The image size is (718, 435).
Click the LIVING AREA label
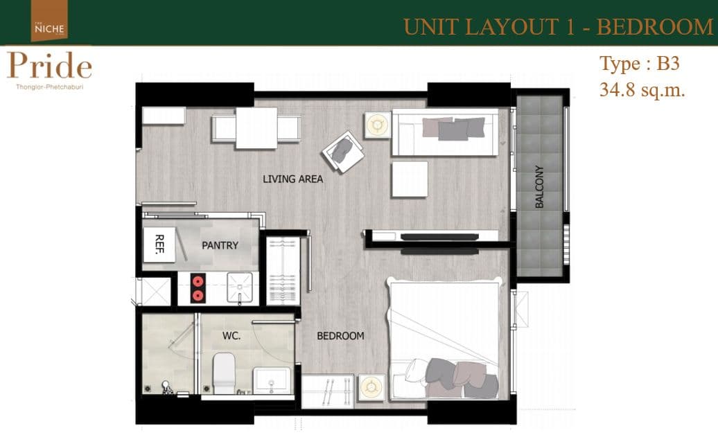click(x=292, y=179)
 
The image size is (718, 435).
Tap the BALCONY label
click(x=539, y=187)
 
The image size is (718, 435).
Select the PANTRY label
click(x=220, y=245)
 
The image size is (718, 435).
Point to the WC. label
click(x=231, y=336)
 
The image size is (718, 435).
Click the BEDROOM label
click(x=340, y=336)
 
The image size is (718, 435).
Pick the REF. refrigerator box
click(x=159, y=245)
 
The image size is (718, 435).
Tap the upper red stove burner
click(x=198, y=281)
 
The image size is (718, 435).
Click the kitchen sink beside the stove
click(x=240, y=287)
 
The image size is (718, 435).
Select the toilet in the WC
click(x=224, y=373)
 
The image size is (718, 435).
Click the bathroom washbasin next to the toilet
click(x=272, y=380)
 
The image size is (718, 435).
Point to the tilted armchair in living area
click(x=343, y=152)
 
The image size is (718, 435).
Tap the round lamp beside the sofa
click(x=378, y=125)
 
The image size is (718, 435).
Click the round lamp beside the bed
click(x=371, y=387)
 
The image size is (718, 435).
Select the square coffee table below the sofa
click(x=410, y=179)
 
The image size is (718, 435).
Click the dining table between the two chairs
click(x=256, y=128)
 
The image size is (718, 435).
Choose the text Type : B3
click(x=640, y=64)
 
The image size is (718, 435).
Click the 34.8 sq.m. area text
click(x=642, y=89)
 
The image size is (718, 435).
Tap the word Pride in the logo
click(x=49, y=66)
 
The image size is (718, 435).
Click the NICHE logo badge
click(x=49, y=21)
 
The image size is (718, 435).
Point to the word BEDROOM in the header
click(x=655, y=27)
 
